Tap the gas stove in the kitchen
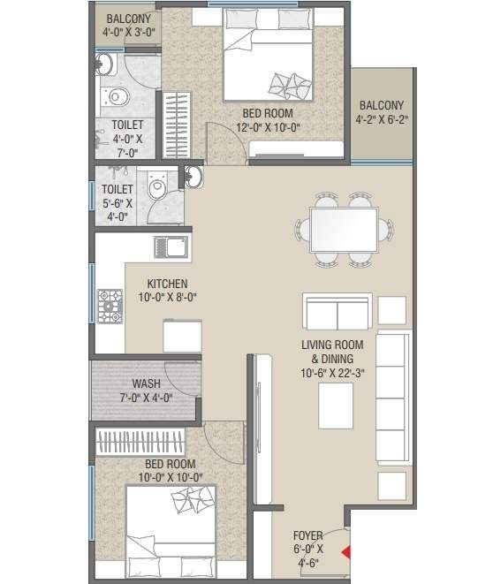pos(110,306)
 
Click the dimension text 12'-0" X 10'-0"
pos(267,126)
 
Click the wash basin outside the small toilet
pos(193,178)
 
